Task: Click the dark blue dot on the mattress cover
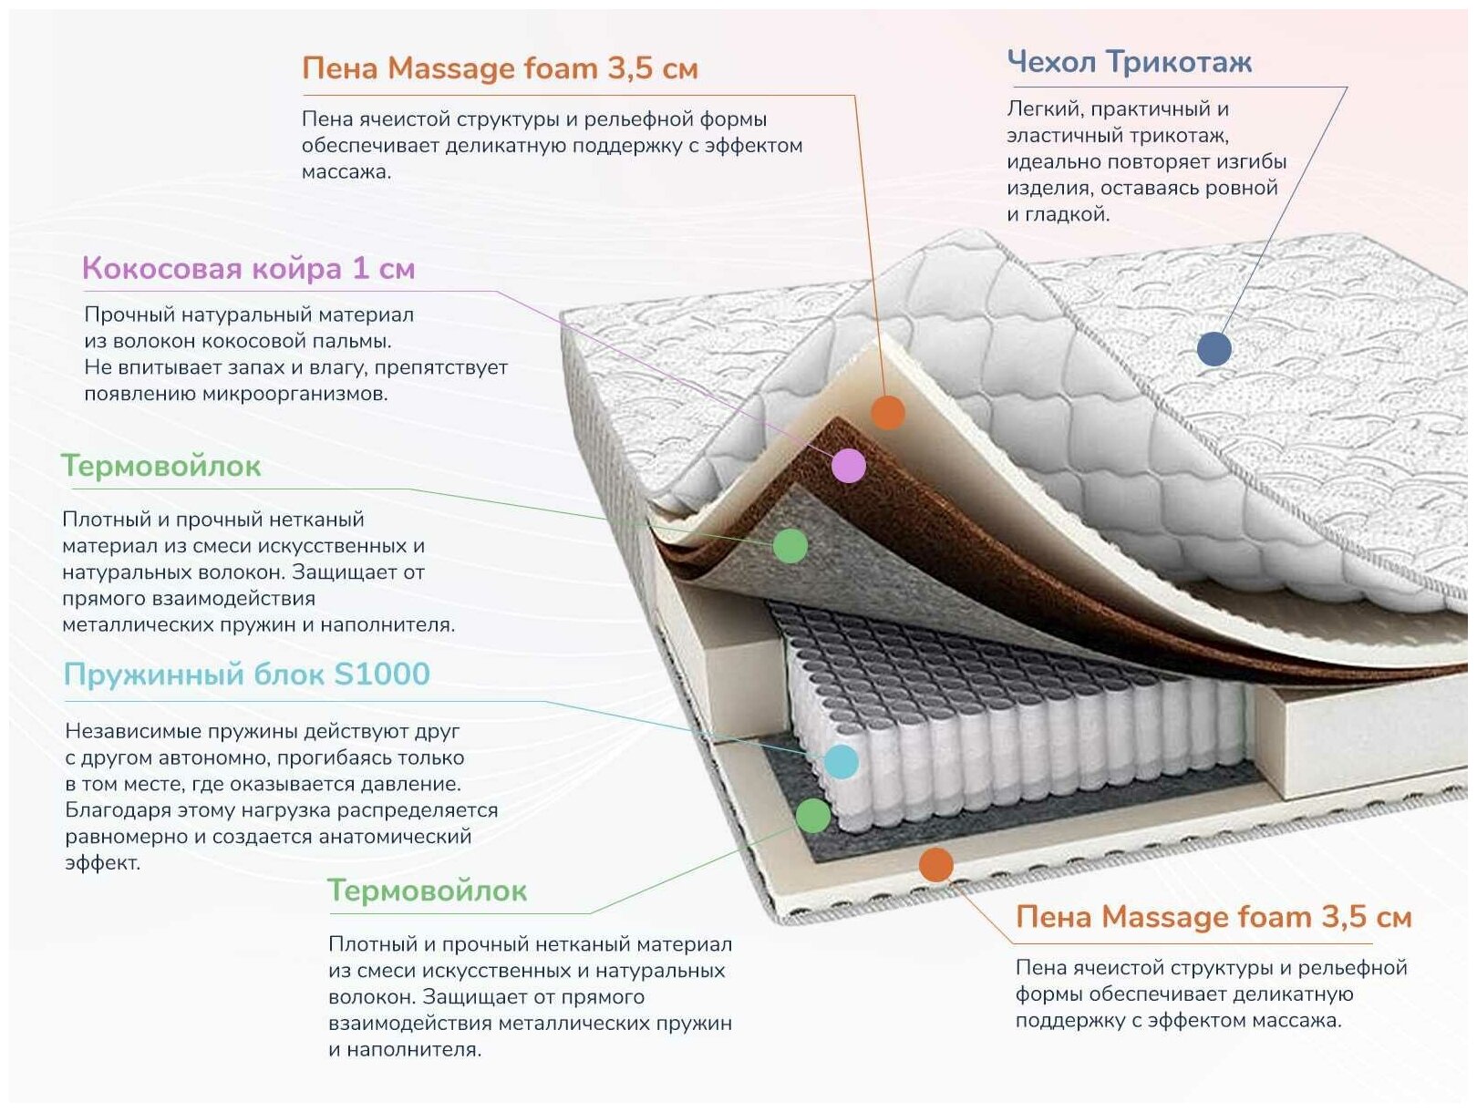tap(1214, 348)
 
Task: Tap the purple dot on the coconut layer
tap(849, 466)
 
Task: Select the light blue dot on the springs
tap(841, 761)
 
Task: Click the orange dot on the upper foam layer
tap(887, 412)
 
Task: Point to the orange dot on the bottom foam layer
tap(936, 864)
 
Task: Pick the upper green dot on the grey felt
tap(790, 545)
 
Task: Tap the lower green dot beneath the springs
tap(813, 815)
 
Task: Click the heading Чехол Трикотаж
tap(1129, 62)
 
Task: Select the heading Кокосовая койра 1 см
tap(248, 268)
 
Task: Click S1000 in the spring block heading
tap(382, 674)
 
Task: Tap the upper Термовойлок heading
tap(160, 466)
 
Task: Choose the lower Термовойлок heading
tap(427, 891)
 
